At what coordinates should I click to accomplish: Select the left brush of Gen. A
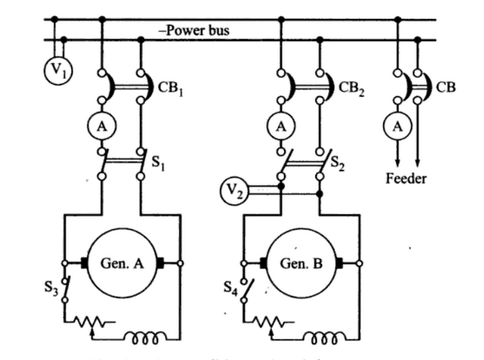coord(84,263)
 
